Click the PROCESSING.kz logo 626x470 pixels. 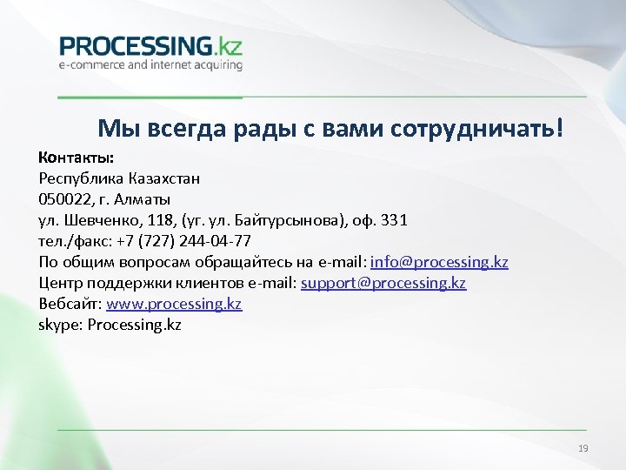coord(150,45)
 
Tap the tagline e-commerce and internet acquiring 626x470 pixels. coord(150,64)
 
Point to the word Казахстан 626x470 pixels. coord(165,179)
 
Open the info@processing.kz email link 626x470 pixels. coord(439,262)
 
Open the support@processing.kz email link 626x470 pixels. coord(383,283)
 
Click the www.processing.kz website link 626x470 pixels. coord(174,304)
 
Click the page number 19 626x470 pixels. coord(583,448)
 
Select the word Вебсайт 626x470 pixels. coord(70,304)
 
